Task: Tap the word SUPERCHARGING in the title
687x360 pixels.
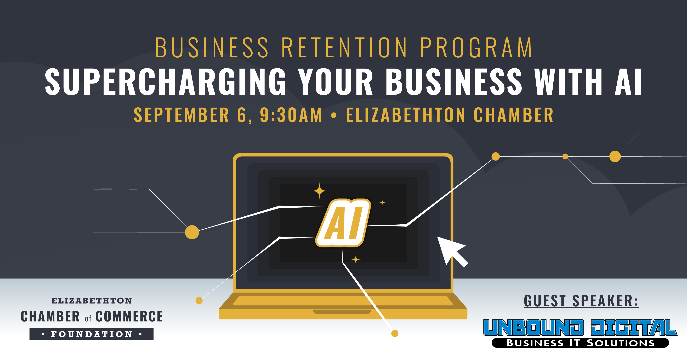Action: pyautogui.click(x=165, y=81)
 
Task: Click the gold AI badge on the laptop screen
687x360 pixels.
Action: pyautogui.click(x=343, y=223)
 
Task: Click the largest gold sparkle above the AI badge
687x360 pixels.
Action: pyautogui.click(x=319, y=191)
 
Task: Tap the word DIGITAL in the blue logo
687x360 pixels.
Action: pyautogui.click(x=634, y=328)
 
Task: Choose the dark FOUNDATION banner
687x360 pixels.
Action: pyautogui.click(x=92, y=334)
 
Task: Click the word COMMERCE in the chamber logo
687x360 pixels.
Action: pyautogui.click(x=129, y=317)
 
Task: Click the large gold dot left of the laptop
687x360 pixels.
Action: pyautogui.click(x=192, y=232)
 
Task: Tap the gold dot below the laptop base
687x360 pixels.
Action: pyautogui.click(x=395, y=333)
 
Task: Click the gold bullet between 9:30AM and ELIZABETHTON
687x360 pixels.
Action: pyautogui.click(x=334, y=115)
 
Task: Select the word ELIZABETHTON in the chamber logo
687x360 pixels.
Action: pyautogui.click(x=92, y=301)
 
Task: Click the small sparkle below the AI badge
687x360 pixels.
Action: pyautogui.click(x=355, y=259)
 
